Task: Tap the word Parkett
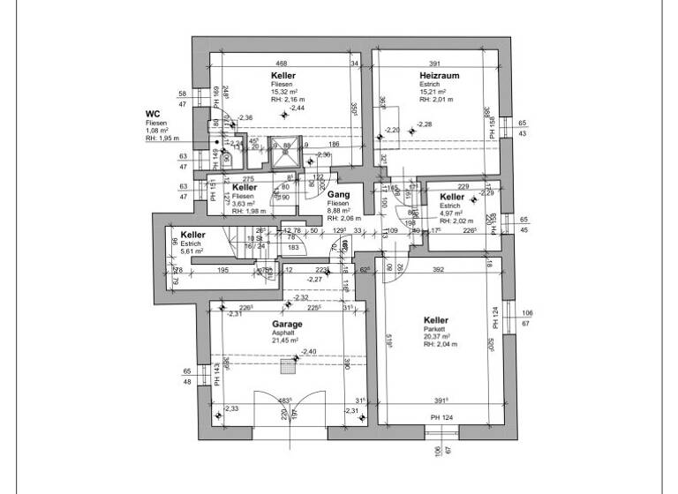tap(434, 328)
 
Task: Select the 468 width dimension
tap(282, 64)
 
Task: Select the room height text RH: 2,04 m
tap(439, 344)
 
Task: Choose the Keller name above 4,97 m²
tap(451, 197)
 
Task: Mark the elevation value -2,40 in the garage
tap(308, 352)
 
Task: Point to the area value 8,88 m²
tap(340, 210)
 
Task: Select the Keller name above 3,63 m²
tap(245, 188)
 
